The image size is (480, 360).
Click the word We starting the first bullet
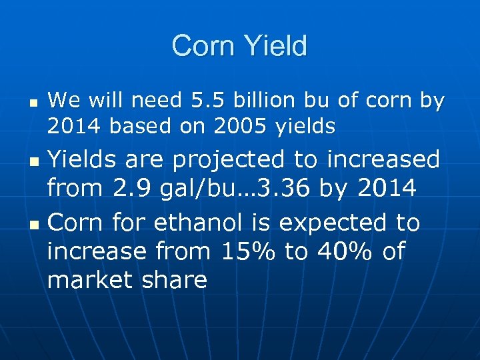tap(63, 101)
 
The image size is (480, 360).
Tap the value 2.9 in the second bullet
tap(129, 189)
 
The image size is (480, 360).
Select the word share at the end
tap(175, 280)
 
